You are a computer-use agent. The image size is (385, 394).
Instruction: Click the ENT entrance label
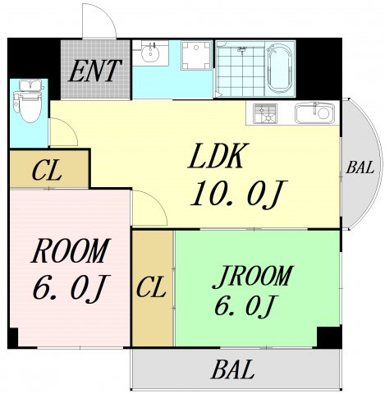point(94,71)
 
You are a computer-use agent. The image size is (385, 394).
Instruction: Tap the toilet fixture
point(29,101)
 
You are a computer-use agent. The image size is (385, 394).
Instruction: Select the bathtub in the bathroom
point(280,69)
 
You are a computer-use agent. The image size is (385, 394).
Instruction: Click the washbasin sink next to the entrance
point(150,53)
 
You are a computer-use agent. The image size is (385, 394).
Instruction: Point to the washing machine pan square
point(196,55)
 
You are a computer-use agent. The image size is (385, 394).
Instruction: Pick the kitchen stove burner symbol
point(265,113)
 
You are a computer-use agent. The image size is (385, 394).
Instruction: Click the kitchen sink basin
point(314,113)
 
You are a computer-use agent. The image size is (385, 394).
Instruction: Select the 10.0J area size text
point(238,194)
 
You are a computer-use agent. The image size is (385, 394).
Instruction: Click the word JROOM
point(252,277)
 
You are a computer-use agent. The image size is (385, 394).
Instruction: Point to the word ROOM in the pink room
point(71,250)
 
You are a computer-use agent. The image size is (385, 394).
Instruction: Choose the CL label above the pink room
point(46,172)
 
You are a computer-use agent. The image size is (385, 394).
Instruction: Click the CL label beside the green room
point(151,287)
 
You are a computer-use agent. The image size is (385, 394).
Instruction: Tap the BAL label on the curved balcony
point(360,167)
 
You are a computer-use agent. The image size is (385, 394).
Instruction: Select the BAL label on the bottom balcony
point(233,369)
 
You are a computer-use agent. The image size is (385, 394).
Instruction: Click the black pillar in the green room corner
point(328,337)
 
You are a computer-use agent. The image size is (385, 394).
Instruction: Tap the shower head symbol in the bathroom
point(242,49)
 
